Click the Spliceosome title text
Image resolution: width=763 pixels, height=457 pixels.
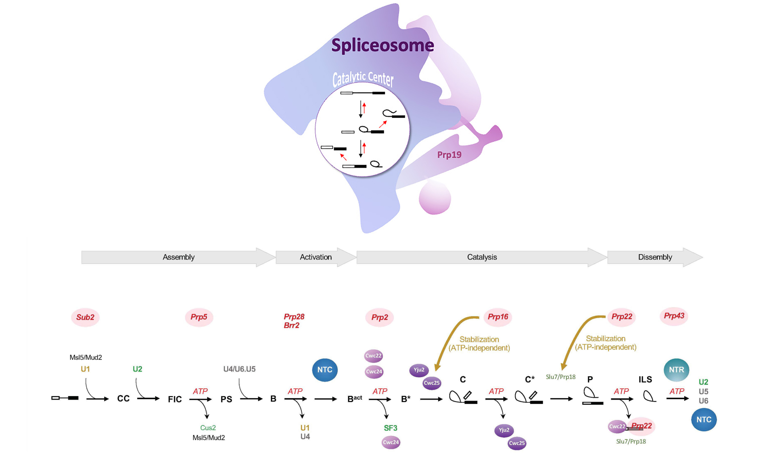coord(382,46)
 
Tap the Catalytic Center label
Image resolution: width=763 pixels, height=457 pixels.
coord(363,79)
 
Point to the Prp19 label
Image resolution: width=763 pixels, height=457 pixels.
coord(449,155)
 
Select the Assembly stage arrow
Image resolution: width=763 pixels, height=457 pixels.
coord(178,257)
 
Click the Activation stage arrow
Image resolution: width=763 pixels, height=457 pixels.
coord(316,257)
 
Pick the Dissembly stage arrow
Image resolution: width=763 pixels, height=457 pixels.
coord(655,257)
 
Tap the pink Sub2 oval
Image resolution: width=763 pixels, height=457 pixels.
coord(85,317)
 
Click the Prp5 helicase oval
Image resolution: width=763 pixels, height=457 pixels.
coord(199,317)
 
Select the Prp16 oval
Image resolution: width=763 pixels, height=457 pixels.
coord(498,317)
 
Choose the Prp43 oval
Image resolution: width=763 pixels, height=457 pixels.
coord(674,316)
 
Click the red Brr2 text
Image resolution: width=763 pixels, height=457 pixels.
coord(292,325)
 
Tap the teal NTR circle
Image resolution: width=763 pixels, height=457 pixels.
coord(676,370)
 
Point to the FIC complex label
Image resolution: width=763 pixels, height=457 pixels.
coord(175,399)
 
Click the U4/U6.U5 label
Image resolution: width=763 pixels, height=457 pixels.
coord(239,369)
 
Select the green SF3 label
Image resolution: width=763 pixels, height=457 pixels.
coord(391,428)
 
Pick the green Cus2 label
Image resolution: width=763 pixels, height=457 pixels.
coord(208,428)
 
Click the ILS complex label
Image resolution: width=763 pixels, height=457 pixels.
coord(645,379)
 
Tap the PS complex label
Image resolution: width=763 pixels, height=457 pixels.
coord(226,399)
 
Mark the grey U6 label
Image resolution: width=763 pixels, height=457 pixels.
coord(703,401)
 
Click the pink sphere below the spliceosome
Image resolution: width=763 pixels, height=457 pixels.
coord(435,198)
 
